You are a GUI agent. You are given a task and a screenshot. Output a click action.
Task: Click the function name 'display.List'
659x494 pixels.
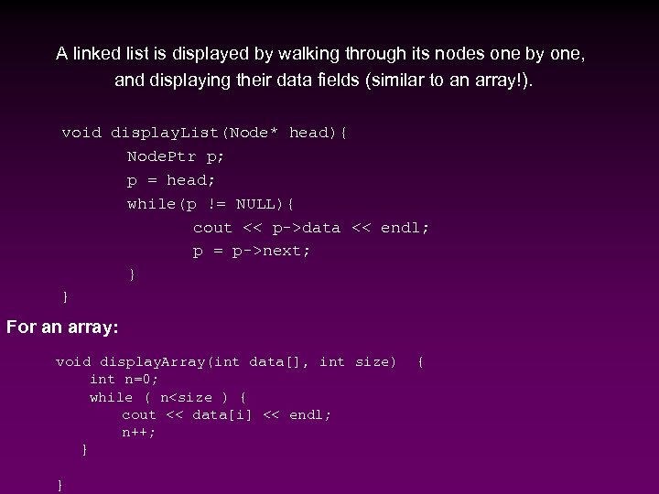point(167,133)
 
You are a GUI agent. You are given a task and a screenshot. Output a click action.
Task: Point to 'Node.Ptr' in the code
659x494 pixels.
point(159,156)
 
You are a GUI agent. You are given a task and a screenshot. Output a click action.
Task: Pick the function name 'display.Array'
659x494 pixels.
point(154,362)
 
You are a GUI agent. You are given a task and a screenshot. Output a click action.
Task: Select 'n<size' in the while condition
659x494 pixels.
point(189,397)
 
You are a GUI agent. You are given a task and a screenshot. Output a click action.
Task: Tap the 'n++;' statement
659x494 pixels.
point(139,432)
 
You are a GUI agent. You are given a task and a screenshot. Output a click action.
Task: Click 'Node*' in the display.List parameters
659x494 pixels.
point(255,133)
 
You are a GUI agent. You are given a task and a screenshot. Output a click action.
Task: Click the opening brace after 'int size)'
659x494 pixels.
point(420,362)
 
